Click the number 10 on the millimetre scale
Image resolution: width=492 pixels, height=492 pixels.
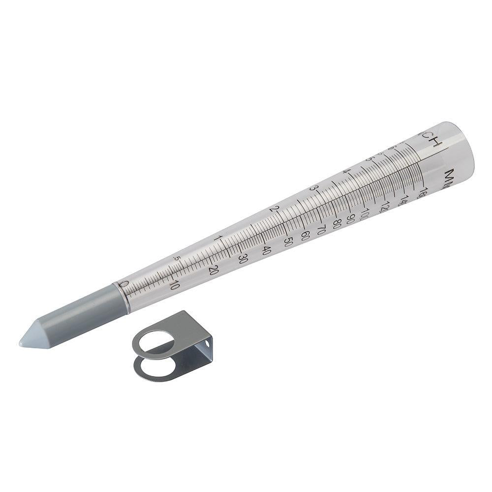(x=173, y=285)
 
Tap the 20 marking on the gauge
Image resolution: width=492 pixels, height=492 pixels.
(x=214, y=270)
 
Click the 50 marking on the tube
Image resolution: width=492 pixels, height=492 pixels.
(x=289, y=241)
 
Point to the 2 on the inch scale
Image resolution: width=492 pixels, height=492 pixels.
(x=276, y=209)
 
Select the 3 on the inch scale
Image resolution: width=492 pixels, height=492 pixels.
(x=311, y=189)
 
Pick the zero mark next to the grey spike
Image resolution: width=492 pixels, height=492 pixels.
(x=124, y=284)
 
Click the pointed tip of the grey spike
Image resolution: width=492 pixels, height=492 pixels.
(x=21, y=342)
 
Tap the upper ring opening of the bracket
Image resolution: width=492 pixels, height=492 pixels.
(x=156, y=339)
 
